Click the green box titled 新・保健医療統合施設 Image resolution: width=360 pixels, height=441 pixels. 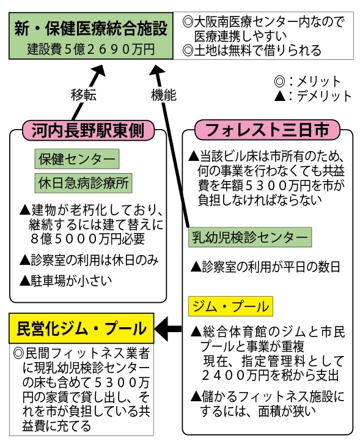coord(91,35)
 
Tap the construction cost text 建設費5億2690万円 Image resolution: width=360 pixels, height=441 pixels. coord(91,49)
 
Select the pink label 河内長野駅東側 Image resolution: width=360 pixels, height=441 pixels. coord(88,130)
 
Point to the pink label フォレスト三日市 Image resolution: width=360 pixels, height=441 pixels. coord(267,130)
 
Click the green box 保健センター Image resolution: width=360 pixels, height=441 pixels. coord(77,159)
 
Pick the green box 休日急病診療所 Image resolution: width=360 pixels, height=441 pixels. coord(83,183)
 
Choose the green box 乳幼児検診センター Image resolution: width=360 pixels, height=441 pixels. coord(250,237)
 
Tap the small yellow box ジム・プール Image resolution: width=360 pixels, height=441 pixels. coord(230,306)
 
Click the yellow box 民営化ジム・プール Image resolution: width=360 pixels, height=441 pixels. coord(81,328)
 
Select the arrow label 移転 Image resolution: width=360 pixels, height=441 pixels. coord(84,95)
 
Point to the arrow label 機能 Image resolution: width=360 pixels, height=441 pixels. coord(164,95)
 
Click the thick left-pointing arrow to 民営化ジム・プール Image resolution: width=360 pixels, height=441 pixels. coord(168,328)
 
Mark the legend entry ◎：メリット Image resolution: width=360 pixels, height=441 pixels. coord(307,81)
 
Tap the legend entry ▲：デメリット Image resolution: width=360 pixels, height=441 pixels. coord(313,96)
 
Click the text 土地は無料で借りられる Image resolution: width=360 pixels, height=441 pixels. coord(252,51)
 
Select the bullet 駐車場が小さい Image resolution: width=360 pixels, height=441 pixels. coord(66,281)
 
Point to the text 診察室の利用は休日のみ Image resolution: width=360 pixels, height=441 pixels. coord(89,260)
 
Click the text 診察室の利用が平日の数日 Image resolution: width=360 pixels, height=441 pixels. coord(265,267)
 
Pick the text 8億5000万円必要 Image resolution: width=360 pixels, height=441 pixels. coord(87,239)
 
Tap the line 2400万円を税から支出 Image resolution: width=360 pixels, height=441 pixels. coord(270,376)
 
